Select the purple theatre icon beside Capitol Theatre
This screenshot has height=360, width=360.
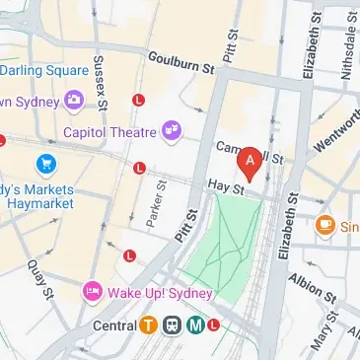(173, 128)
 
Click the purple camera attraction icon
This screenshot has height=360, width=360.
(73, 100)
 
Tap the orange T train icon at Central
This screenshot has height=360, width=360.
(148, 324)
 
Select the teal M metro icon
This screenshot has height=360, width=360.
(196, 324)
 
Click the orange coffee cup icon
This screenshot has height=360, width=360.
(326, 226)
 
